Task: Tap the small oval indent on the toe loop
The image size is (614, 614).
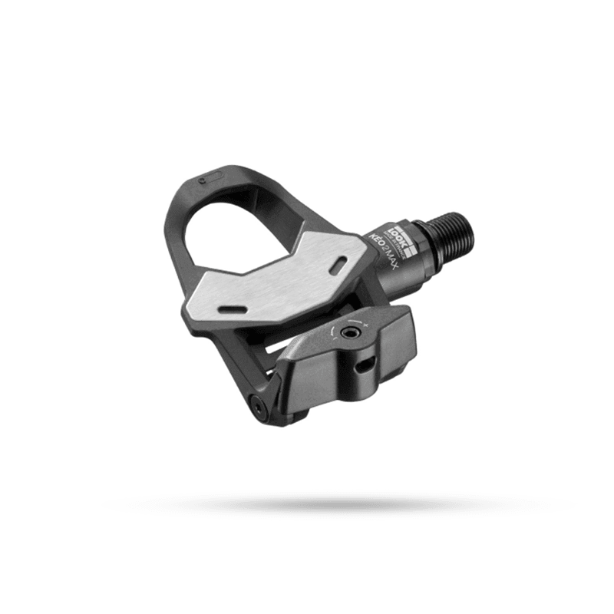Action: [x=207, y=181]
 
